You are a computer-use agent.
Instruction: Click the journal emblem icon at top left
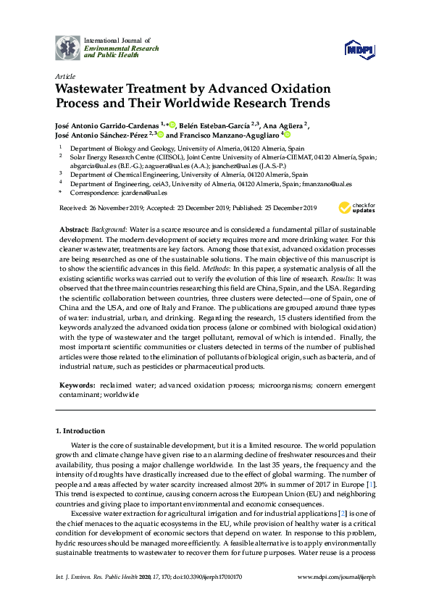pyautogui.click(x=68, y=47)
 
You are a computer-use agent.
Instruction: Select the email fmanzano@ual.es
pyautogui.click(x=327, y=184)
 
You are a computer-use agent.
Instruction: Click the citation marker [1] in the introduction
pyautogui.click(x=371, y=482)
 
